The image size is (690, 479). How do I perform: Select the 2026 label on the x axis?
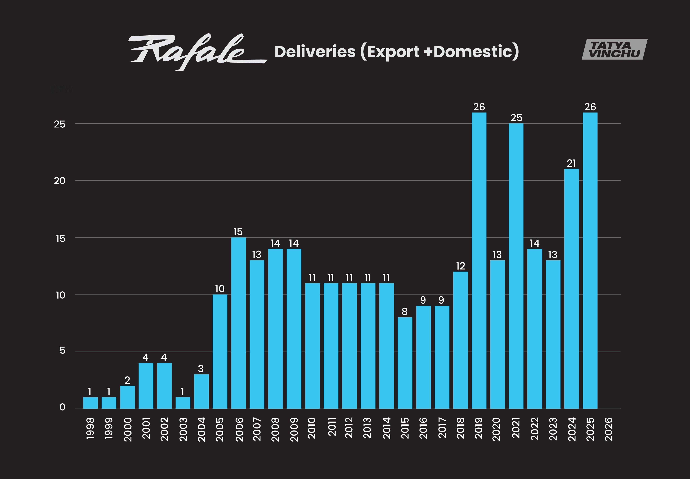pos(608,429)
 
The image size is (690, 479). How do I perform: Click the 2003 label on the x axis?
pos(183,429)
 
